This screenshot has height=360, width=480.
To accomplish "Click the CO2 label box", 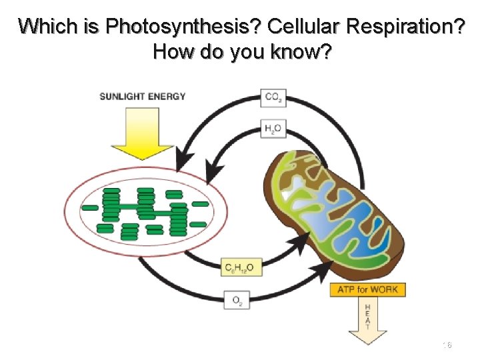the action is pos(273,97).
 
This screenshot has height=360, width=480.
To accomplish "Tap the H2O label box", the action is pos(273,129).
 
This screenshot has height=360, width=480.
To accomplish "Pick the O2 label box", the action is pos(237,301).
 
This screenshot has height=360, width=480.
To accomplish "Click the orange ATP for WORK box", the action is pos(367,290).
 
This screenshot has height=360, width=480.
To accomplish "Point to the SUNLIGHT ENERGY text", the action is pos(143,96).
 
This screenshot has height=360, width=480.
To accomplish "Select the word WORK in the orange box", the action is pos(387,290).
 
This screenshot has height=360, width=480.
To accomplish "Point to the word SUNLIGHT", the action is pos(123,96).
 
